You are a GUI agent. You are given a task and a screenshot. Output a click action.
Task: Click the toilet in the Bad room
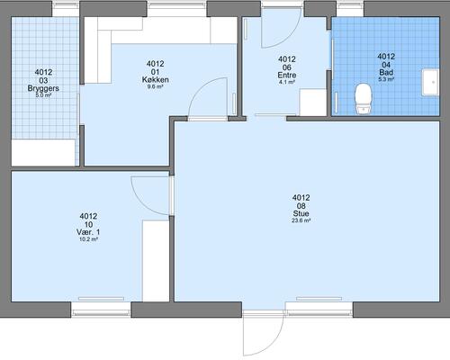coord(364,99)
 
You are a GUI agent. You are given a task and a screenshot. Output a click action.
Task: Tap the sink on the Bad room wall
coord(430,82)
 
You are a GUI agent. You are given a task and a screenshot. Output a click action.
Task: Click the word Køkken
coord(155,79)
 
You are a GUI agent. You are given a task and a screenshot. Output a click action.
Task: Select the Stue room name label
coord(301,213)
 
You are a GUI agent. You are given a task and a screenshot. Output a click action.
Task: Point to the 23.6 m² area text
coord(301,220)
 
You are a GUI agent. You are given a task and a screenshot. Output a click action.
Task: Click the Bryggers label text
coord(43,88)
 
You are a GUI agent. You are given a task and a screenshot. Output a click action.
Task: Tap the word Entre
coord(287,75)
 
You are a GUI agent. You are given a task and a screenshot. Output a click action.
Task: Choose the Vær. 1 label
coord(88,232)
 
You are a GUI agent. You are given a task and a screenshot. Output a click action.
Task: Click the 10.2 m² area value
coord(88,239)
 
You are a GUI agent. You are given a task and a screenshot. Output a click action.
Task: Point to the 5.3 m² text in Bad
coord(386,79)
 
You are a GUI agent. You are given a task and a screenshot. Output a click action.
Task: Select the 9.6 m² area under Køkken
coord(155,86)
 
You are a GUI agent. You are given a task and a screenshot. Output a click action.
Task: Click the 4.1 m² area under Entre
coord(287,82)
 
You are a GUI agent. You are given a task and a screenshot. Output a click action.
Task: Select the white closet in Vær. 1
coord(156,261)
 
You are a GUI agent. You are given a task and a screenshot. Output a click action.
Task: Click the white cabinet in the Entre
coord(313,103)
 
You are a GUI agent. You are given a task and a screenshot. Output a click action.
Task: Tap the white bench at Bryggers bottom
coord(43,152)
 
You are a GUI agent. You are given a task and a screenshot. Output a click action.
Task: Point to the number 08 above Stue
coord(301,206)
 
